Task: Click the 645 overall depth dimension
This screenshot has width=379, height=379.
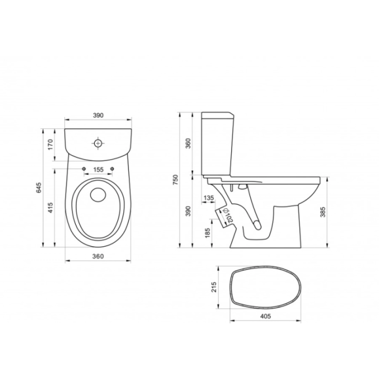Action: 38,188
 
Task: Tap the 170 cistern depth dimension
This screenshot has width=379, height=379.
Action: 51,144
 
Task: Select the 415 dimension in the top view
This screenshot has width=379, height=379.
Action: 51,207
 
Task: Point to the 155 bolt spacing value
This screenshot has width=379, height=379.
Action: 98,169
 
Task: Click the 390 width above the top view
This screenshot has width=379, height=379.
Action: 98,115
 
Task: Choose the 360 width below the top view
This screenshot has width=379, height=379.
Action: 98,256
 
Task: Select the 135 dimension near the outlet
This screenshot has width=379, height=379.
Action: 208,198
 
